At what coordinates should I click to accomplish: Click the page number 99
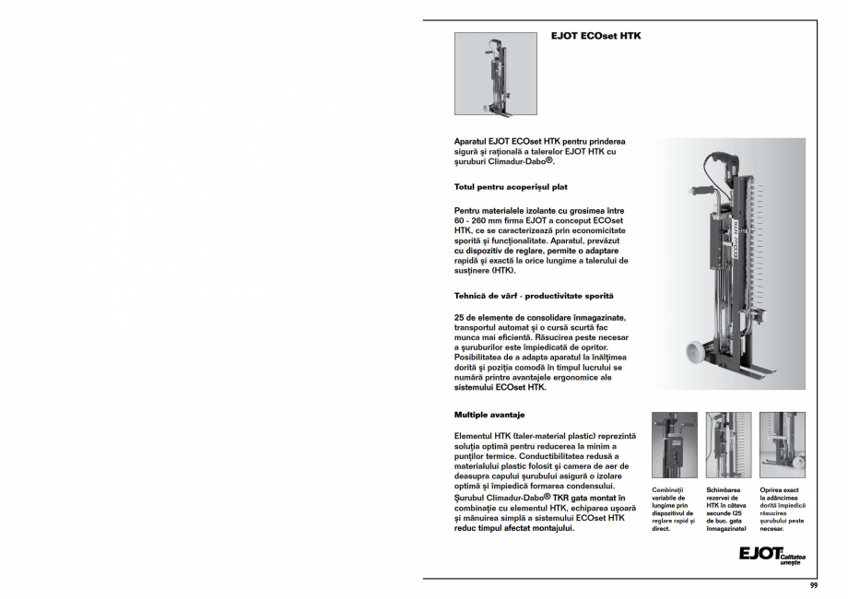pyautogui.click(x=813, y=586)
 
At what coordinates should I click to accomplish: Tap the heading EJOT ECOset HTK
pyautogui.click(x=595, y=37)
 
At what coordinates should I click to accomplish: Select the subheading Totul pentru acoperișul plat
pyautogui.click(x=511, y=187)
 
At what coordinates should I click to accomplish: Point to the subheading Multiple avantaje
pyautogui.click(x=489, y=415)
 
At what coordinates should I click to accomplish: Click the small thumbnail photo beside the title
pyautogui.click(x=495, y=74)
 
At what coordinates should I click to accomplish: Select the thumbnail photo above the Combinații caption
pyautogui.click(x=675, y=444)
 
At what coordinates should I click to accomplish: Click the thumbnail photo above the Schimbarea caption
pyautogui.click(x=728, y=444)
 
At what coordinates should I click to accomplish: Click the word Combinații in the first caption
pyautogui.click(x=668, y=490)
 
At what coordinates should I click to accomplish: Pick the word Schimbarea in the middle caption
pyautogui.click(x=724, y=490)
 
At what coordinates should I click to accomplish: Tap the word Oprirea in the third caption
pyautogui.click(x=774, y=490)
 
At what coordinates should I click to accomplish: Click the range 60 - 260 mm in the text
pyautogui.click(x=484, y=221)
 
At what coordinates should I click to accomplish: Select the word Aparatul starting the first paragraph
pyautogui.click(x=473, y=141)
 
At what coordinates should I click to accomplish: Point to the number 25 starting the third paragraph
pyautogui.click(x=460, y=317)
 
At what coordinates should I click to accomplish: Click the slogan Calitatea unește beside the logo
pyautogui.click(x=792, y=559)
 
